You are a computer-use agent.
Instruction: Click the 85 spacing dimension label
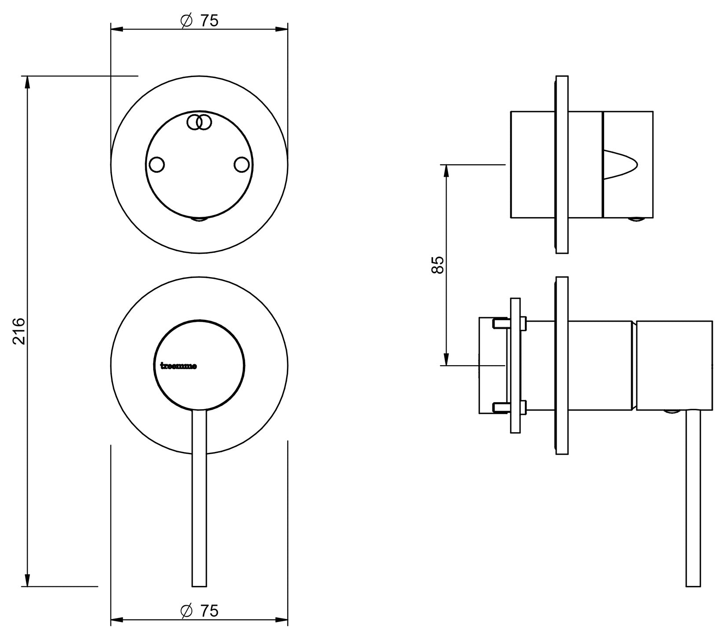click(x=438, y=265)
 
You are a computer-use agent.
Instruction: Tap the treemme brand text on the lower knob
click(x=178, y=366)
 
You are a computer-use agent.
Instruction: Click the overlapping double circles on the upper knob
click(x=199, y=122)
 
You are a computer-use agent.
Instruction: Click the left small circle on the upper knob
click(x=157, y=165)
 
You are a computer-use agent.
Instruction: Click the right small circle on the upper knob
click(x=242, y=165)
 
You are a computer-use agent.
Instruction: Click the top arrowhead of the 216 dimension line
click(x=28, y=81)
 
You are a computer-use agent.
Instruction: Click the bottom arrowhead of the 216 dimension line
click(x=28, y=581)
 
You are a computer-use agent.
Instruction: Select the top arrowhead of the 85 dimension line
click(x=447, y=170)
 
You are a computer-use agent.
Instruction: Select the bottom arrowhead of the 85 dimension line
click(x=447, y=359)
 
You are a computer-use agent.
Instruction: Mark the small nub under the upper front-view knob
click(x=199, y=219)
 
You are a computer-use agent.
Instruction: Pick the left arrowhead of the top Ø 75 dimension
click(x=116, y=30)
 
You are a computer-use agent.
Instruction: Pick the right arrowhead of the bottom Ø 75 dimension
click(x=282, y=621)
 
